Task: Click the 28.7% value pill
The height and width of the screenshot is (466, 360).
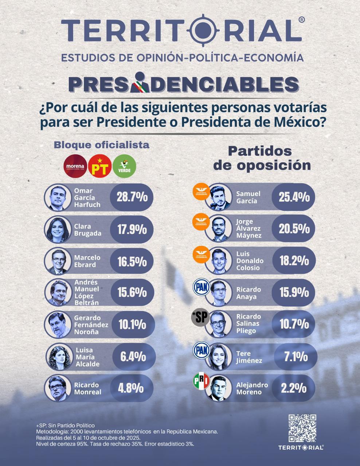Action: (132, 197)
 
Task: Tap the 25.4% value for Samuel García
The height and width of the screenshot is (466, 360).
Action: (294, 197)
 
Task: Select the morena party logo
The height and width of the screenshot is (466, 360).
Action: (75, 167)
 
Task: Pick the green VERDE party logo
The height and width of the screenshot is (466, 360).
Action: (124, 167)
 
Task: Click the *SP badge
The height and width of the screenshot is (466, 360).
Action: (200, 318)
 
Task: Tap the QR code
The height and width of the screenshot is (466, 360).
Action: (302, 428)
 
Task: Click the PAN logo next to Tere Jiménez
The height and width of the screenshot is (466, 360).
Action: (201, 350)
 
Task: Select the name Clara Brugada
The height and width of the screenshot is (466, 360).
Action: (87, 230)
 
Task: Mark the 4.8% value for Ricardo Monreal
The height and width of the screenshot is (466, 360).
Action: (130, 388)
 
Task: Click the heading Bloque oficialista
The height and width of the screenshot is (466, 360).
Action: (102, 145)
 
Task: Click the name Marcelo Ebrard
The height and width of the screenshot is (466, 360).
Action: (87, 261)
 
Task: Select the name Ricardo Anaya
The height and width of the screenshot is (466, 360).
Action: (249, 293)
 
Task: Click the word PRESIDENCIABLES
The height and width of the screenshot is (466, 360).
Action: (184, 84)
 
